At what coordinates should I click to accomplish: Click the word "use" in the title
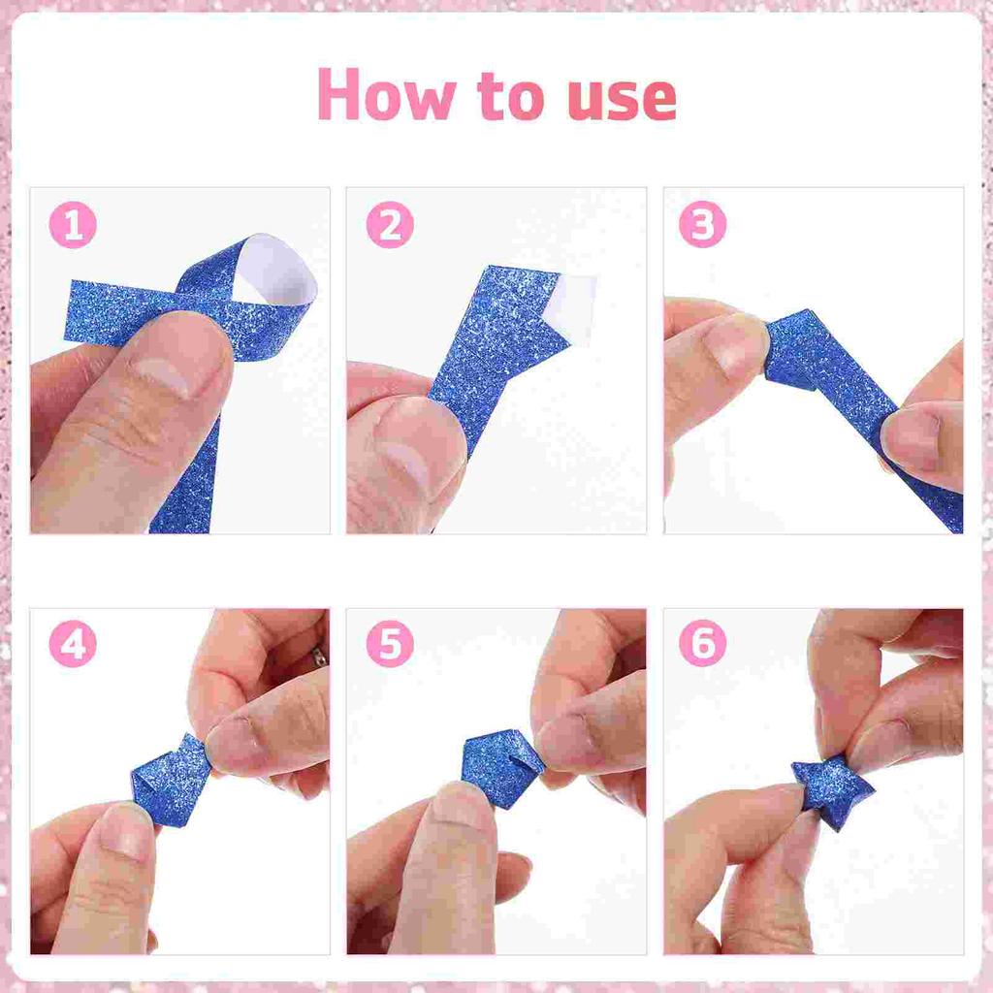coord(618,96)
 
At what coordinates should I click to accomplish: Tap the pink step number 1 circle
coord(73,227)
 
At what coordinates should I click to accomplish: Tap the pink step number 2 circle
coord(390,227)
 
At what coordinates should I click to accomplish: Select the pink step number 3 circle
coord(702,225)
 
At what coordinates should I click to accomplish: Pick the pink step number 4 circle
coord(73,644)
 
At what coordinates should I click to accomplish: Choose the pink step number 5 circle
coord(390,644)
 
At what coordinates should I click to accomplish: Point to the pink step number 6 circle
coord(702,644)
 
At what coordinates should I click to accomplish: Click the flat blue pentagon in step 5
coord(501,767)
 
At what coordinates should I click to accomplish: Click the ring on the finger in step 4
coord(319,657)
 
